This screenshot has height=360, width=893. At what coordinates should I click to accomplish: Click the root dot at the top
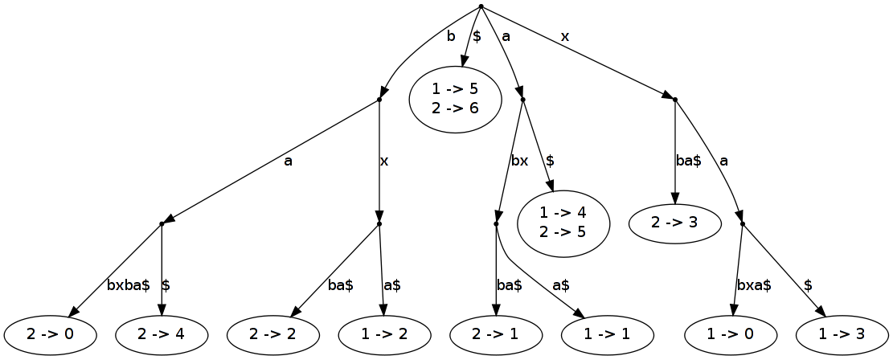480,6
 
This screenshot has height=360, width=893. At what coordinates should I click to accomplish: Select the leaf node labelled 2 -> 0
50,336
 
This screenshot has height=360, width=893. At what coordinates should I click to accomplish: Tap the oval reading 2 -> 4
162,336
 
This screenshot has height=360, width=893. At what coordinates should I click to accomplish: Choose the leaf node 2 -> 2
273,336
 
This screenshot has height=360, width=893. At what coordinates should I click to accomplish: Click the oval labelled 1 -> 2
384,336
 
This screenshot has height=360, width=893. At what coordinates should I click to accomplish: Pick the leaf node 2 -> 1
496,336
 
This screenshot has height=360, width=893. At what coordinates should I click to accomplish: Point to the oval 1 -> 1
607,336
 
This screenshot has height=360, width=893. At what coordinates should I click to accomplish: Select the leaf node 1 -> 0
731,336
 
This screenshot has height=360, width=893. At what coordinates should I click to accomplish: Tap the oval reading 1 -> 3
842,336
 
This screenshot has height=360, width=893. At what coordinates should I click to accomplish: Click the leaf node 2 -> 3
675,223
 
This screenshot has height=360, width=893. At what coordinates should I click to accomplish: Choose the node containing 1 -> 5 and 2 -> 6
456,99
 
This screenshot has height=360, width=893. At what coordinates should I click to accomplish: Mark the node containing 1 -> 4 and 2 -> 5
563,223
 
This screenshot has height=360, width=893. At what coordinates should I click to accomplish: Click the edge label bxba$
128,285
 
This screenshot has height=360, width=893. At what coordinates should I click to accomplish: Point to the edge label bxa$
754,285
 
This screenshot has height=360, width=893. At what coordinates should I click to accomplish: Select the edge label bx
519,161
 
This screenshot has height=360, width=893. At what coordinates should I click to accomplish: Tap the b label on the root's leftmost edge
450,36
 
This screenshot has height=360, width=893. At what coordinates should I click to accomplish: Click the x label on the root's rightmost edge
565,36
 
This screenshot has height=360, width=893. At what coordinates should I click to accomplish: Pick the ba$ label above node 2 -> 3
688,161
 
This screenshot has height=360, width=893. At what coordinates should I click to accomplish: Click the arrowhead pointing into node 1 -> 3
821,312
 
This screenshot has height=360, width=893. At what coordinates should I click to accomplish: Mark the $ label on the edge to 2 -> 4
166,285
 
